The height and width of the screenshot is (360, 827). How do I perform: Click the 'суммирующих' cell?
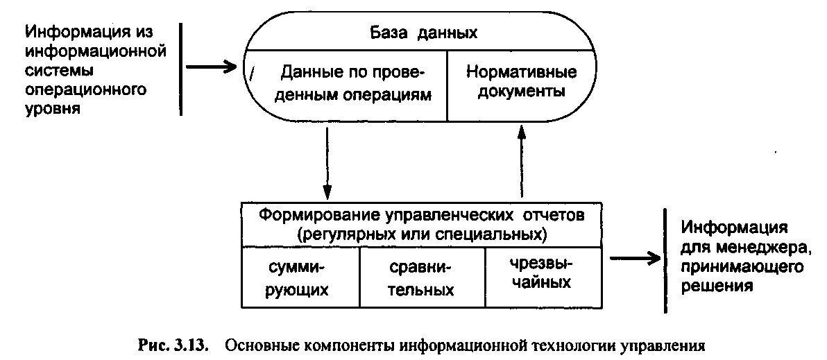pyautogui.click(x=300, y=277)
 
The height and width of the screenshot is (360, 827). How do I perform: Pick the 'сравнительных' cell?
pyautogui.click(x=420, y=278)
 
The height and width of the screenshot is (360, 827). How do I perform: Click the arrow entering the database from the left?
pyautogui.click(x=212, y=67)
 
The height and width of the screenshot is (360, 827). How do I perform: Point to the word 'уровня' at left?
pyautogui.click(x=53, y=110)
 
